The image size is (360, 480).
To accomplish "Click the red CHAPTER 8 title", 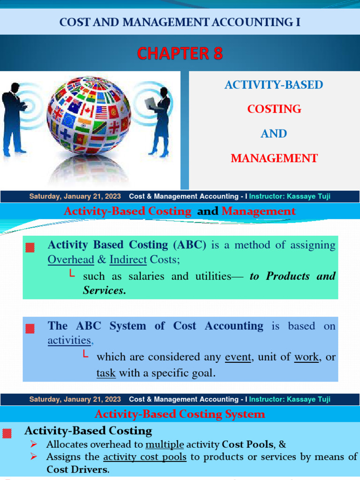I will pyautogui.click(x=180, y=53).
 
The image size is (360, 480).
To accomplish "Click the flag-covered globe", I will pyautogui.click(x=89, y=116).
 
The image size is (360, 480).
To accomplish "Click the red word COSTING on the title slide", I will pyautogui.click(x=274, y=109).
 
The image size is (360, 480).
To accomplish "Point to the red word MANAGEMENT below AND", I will pyautogui.click(x=274, y=158).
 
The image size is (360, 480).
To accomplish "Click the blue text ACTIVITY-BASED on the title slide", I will pyautogui.click(x=274, y=85).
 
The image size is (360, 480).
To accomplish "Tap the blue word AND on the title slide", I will pyautogui.click(x=274, y=134).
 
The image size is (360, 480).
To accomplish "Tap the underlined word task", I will pyautogui.click(x=105, y=373).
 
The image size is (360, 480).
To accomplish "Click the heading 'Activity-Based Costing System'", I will pyautogui.click(x=180, y=414).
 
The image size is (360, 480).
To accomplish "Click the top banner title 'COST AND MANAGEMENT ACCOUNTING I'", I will pyautogui.click(x=180, y=22).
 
